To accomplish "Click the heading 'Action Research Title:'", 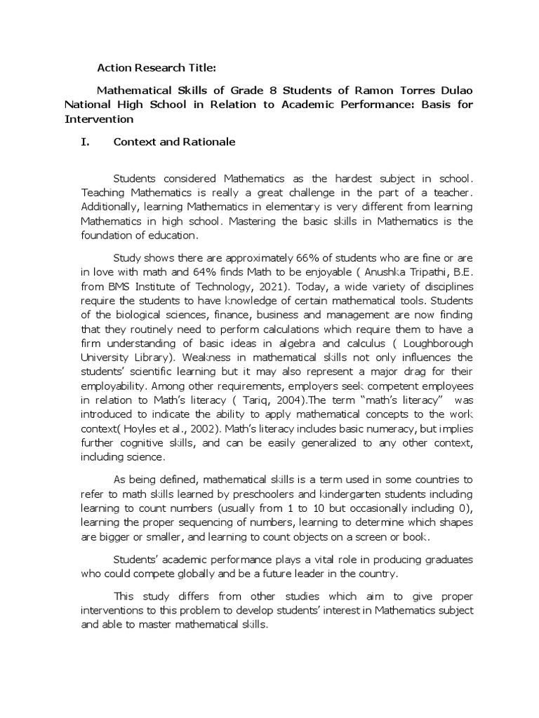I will point(156,68).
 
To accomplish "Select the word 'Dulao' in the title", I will point(451,90).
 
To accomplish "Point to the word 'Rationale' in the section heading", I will point(202,142).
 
